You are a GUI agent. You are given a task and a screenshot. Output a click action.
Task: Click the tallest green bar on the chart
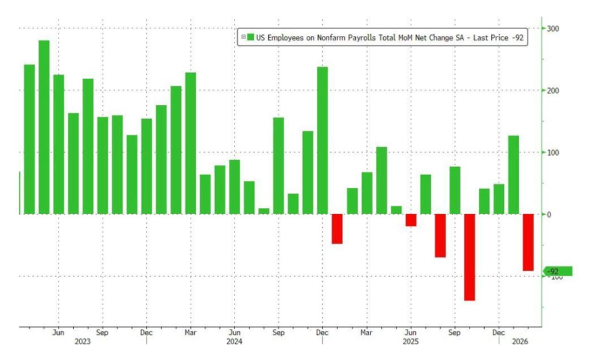44,127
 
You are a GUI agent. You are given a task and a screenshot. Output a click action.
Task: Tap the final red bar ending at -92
528,242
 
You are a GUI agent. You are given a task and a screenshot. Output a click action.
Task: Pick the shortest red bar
411,220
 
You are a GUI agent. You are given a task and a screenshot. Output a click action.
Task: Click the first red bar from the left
337,229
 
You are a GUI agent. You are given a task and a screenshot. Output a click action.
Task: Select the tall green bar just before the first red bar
322,140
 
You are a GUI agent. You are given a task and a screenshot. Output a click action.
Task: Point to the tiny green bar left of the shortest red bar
396,210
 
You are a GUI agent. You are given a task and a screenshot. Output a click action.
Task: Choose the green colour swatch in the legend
251,38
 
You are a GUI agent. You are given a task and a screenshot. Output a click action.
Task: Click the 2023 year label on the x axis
83,341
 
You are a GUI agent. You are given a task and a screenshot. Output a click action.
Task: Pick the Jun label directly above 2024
235,332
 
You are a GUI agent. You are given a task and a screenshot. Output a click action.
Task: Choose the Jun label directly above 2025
411,332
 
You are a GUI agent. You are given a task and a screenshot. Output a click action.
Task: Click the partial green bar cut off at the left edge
19,192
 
